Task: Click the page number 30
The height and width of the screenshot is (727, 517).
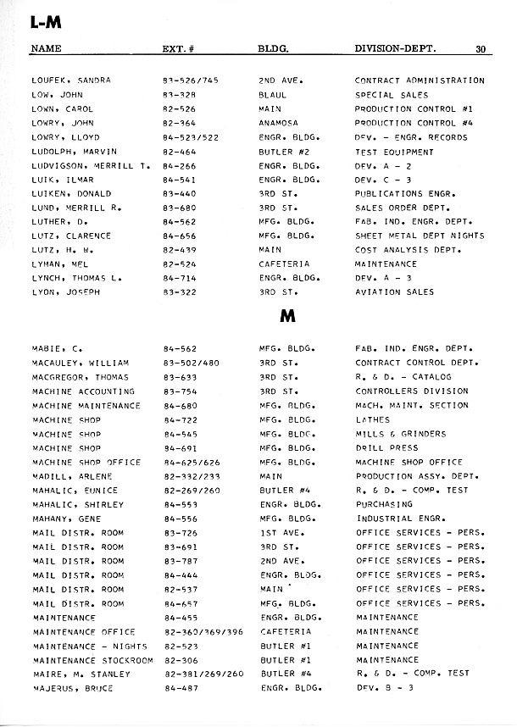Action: (481, 49)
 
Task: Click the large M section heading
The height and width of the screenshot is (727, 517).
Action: (286, 316)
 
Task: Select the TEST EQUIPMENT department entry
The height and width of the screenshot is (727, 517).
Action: (394, 152)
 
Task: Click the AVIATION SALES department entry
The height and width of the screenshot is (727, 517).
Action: (394, 291)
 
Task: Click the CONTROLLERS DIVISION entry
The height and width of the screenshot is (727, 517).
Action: (412, 391)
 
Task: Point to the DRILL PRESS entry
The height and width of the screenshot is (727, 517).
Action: (387, 447)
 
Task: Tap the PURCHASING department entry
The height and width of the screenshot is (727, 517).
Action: (384, 504)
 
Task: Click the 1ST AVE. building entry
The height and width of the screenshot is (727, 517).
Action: (281, 532)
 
